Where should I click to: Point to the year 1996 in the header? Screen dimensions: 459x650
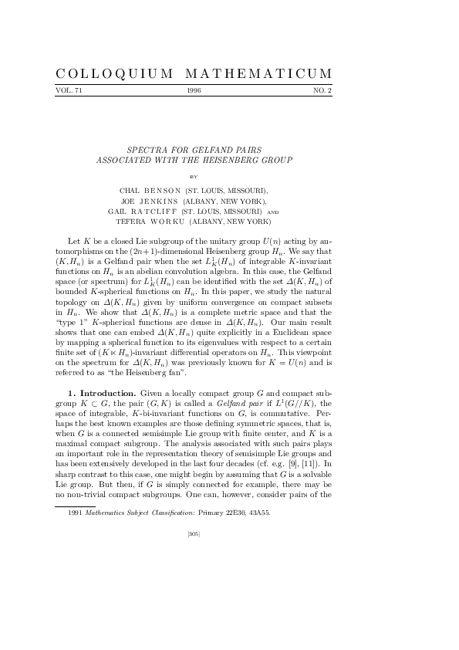click(x=194, y=91)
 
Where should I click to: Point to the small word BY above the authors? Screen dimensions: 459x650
click(x=194, y=176)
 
